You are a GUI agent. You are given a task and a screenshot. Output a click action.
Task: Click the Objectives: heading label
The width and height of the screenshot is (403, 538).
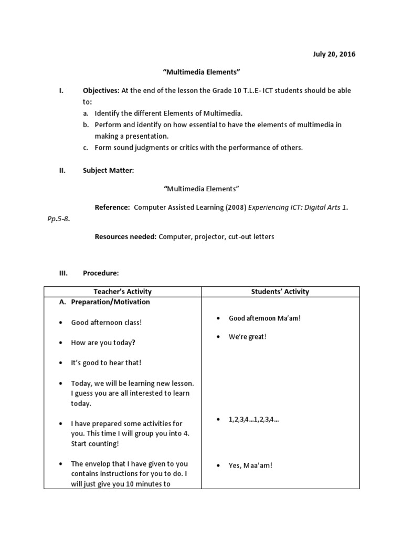pyautogui.click(x=101, y=90)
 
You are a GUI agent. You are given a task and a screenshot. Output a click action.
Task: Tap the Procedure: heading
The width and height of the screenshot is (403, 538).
pyautogui.click(x=101, y=273)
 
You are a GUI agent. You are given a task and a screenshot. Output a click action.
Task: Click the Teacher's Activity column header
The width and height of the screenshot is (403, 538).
pyautogui.click(x=122, y=292)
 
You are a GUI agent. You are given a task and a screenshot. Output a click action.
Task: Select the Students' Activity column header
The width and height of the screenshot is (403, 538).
pyautogui.click(x=280, y=292)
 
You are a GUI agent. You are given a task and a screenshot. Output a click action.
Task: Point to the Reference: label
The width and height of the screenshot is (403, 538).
pyautogui.click(x=112, y=208)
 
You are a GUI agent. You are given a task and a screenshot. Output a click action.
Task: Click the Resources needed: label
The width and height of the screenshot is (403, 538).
pyautogui.click(x=125, y=237)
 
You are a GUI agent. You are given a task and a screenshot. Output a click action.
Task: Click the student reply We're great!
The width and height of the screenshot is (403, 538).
pyautogui.click(x=247, y=337)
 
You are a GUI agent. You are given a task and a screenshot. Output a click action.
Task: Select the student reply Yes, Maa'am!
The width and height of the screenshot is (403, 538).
pyautogui.click(x=250, y=465)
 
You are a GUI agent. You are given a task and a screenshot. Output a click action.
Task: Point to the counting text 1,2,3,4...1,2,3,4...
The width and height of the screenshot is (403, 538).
pyautogui.click(x=253, y=420)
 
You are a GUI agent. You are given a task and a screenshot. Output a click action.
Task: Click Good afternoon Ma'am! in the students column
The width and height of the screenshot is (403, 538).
pyautogui.click(x=264, y=318)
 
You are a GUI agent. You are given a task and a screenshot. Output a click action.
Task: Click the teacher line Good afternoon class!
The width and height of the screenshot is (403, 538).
pyautogui.click(x=107, y=323)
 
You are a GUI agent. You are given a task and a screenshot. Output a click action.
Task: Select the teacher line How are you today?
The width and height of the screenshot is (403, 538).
pyautogui.click(x=103, y=343)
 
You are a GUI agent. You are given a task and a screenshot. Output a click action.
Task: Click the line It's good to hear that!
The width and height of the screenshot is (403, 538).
pyautogui.click(x=106, y=363)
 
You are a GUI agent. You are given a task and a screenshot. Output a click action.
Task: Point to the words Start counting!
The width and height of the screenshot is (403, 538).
pyautogui.click(x=95, y=443)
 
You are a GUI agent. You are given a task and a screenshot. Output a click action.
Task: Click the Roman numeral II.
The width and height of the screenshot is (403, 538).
pyautogui.click(x=61, y=170)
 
